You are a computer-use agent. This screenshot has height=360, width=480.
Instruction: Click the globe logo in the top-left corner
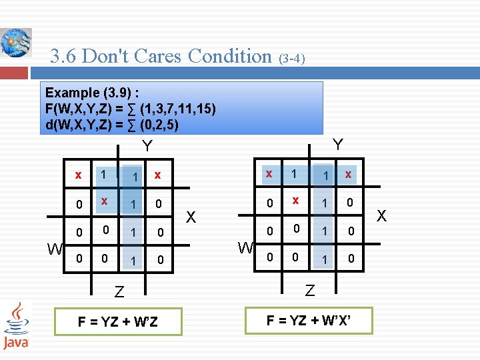[15, 43]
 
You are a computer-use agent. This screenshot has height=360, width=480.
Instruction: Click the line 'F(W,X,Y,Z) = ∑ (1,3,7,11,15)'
[130, 109]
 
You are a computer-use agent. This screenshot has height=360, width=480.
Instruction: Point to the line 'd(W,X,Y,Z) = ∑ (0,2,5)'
[111, 124]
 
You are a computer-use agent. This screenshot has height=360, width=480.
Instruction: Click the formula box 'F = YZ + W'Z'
[118, 321]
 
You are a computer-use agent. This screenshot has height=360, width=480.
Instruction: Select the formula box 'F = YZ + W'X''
[309, 320]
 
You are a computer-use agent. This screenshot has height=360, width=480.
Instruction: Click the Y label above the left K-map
[147, 146]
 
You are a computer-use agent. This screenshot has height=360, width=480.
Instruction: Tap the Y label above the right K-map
[338, 145]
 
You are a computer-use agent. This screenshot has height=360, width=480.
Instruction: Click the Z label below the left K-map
[119, 291]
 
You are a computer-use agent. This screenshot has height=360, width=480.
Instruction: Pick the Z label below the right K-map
[309, 290]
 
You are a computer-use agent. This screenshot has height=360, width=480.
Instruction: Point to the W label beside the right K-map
[246, 249]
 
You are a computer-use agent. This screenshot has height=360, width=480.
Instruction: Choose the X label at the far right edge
[381, 215]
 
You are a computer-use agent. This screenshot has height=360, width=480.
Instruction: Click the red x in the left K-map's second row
[104, 200]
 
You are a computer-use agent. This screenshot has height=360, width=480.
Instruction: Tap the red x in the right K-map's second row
[295, 199]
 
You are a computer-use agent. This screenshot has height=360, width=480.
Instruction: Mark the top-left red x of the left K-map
[79, 175]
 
